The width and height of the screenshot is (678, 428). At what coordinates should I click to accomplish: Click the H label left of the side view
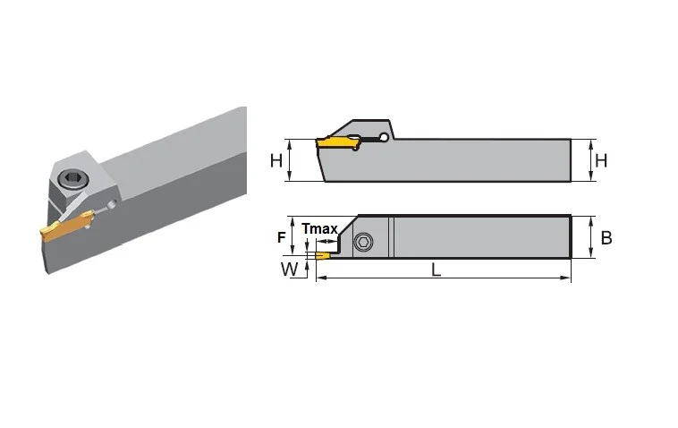point(275,160)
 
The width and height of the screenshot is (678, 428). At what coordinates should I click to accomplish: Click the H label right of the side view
point(601,160)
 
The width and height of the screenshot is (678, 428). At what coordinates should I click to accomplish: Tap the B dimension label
point(606,237)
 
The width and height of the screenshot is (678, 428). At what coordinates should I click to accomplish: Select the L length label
point(436,270)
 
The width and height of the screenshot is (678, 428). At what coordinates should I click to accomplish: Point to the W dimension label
point(289,270)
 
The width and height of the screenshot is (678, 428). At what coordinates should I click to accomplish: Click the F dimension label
point(282,237)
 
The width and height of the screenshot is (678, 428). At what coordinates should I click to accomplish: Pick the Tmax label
point(319,228)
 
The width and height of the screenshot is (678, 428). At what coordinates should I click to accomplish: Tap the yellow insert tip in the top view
point(322,255)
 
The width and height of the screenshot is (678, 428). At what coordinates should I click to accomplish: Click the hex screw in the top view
point(363,242)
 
